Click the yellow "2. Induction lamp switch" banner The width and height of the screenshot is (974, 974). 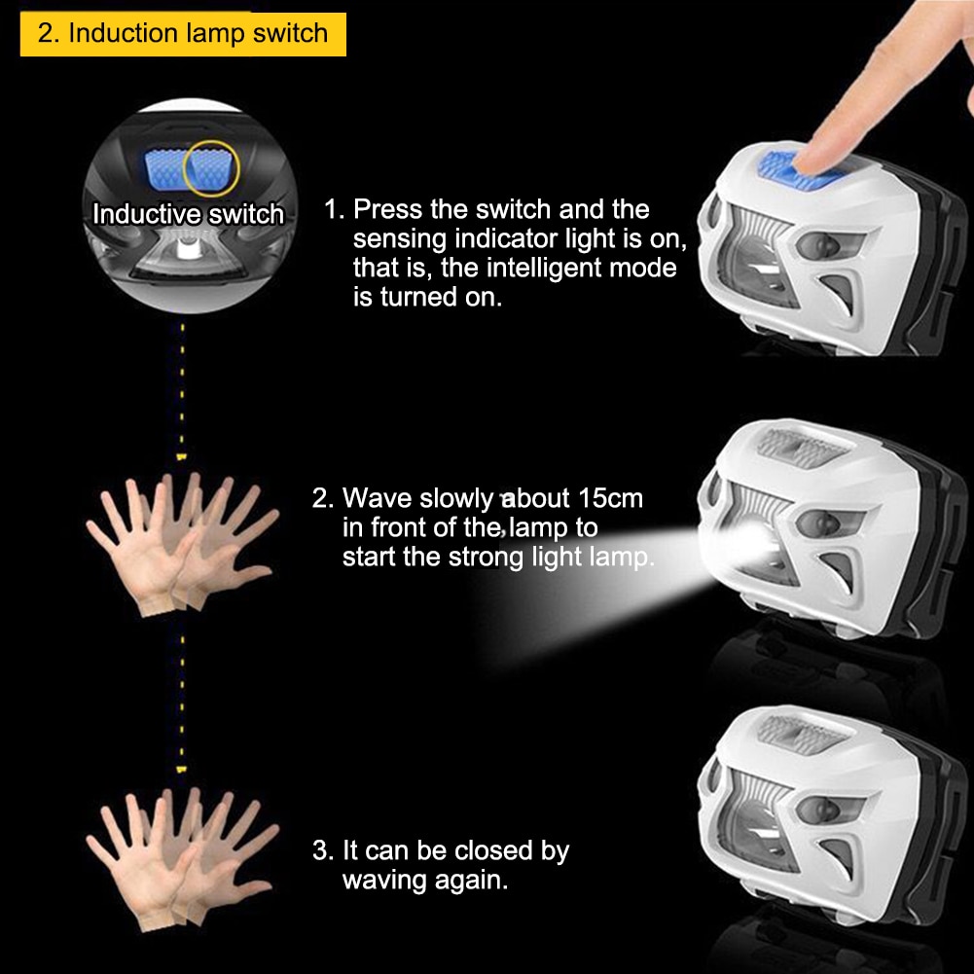(183, 34)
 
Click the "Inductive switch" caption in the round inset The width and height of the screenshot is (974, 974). (188, 214)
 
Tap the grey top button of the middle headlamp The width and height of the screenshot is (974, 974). (803, 447)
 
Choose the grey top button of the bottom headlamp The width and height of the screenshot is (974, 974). (803, 734)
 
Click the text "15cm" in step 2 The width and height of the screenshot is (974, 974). (610, 498)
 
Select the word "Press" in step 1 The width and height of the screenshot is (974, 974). (387, 209)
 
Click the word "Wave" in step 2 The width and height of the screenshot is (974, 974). (378, 498)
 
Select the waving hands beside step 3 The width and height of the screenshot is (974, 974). (183, 860)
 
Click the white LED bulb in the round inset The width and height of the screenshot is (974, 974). (188, 249)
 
